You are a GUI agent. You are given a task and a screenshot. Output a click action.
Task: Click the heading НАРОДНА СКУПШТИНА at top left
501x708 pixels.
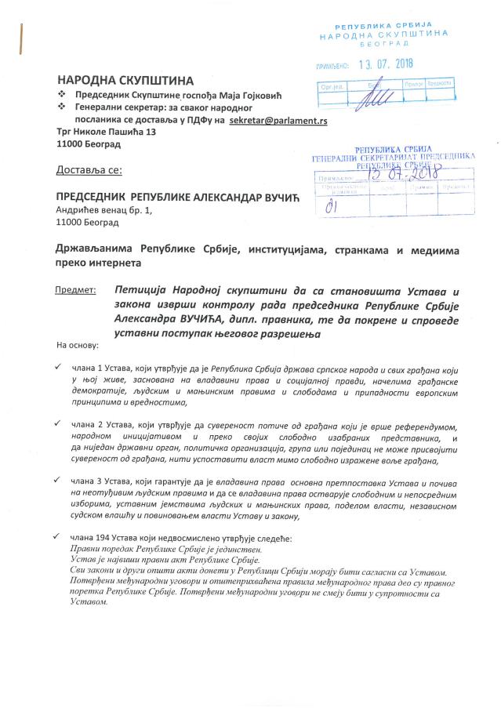click(x=125, y=80)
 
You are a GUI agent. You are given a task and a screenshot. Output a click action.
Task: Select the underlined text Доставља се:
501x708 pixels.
click(x=89, y=169)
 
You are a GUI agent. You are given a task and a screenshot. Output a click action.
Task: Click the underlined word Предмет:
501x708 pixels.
click(x=75, y=289)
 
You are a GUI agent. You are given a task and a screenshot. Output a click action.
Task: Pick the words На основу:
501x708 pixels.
click(x=78, y=345)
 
